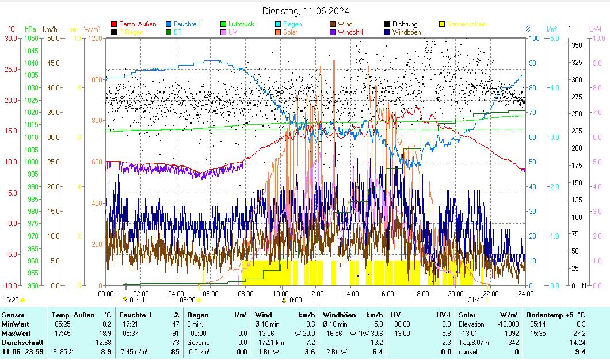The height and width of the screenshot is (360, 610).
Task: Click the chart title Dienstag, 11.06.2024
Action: point(305,11)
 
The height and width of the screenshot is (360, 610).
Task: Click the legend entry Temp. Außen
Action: point(138,24)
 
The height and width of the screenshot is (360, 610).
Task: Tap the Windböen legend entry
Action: point(406,32)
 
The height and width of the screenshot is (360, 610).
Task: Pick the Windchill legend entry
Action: point(350,32)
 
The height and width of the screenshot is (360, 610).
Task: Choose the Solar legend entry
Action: point(291,32)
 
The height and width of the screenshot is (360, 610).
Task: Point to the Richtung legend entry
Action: point(406,24)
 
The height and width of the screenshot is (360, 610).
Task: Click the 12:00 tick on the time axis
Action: point(316,293)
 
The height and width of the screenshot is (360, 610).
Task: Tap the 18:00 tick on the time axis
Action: point(421,293)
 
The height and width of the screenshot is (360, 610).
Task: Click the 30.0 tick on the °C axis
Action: point(11,39)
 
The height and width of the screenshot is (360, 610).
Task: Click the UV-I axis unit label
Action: point(595,29)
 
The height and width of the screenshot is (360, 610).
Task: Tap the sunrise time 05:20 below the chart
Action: point(188,300)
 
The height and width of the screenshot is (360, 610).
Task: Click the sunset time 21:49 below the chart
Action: point(475,300)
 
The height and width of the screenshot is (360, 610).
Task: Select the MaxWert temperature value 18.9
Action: point(106,334)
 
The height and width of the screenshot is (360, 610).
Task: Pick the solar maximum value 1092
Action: point(512,334)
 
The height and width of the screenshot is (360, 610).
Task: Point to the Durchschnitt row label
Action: point(21,343)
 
